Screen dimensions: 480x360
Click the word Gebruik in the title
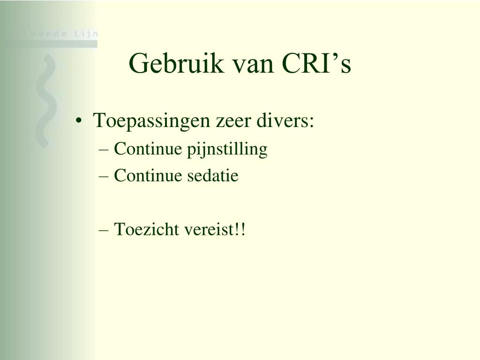tap(176, 63)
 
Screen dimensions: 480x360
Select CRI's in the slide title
tap(316, 63)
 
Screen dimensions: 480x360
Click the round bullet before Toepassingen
tap(79, 120)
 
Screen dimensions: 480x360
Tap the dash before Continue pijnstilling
tap(104, 150)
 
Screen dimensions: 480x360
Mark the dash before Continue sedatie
tap(104, 177)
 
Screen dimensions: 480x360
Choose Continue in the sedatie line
tap(148, 176)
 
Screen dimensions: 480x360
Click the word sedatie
tap(213, 176)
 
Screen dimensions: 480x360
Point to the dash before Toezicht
tap(104, 230)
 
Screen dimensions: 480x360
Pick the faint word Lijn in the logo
tap(86, 34)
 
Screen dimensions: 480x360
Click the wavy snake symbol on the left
tap(46, 101)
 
